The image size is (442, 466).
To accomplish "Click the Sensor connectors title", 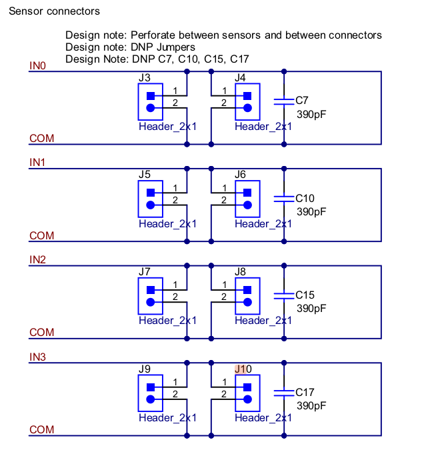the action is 55,11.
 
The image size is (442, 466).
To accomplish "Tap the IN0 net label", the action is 37,66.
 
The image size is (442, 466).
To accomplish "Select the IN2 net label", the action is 37,260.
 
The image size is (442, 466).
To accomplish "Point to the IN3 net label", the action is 37,357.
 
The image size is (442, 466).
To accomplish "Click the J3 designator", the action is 145,77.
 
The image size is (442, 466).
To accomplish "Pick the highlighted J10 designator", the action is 243,369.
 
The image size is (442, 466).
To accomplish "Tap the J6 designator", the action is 240,175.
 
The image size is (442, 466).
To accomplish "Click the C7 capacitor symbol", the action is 284,101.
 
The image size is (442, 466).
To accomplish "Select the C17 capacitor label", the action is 305,392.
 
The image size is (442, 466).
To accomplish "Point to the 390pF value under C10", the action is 311,211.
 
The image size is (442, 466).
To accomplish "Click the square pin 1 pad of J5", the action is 151,193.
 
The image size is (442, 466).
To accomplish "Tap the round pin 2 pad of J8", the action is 247,302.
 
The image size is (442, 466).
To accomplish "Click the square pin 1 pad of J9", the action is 151,387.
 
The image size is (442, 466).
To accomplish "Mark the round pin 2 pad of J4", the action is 247,108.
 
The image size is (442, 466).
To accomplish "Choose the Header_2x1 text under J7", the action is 167,321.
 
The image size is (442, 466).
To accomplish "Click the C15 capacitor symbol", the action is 284,296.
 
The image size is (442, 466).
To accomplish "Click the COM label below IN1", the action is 41,236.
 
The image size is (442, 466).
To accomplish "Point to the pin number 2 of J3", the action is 175,103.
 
